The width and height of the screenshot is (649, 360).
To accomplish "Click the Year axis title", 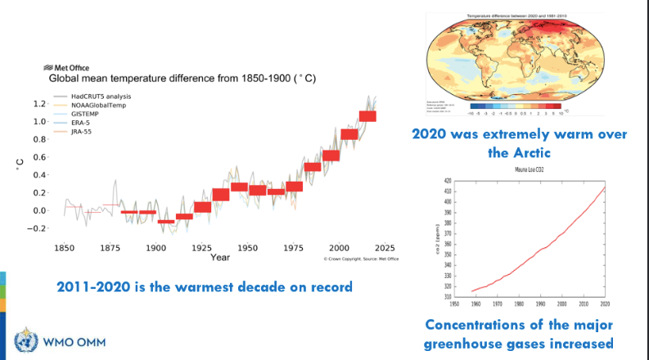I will pyautogui.click(x=219, y=257).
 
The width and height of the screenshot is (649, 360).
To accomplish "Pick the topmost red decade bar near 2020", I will pyautogui.click(x=367, y=115).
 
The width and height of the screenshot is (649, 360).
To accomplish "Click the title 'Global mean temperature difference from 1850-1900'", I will pyautogui.click(x=183, y=79).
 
